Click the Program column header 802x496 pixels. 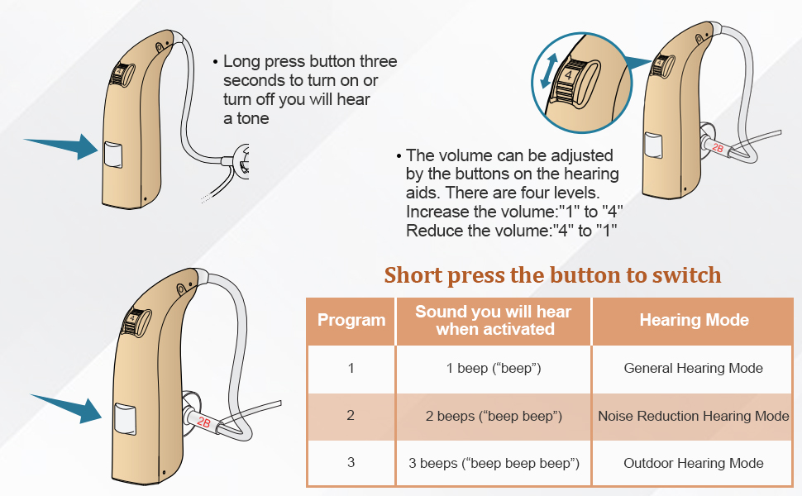(x=351, y=320)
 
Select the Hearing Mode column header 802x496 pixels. (x=694, y=320)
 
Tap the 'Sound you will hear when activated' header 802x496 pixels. (x=493, y=320)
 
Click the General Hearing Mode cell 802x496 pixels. (x=694, y=368)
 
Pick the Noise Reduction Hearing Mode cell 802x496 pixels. (x=694, y=416)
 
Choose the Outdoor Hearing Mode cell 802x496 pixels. (x=694, y=464)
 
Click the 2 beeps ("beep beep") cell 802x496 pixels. (x=494, y=416)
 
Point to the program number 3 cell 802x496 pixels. (x=351, y=464)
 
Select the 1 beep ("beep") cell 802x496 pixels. (x=494, y=368)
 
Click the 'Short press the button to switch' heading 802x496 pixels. (x=552, y=274)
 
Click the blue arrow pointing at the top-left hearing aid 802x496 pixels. (x=62, y=147)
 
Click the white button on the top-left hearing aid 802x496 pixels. (x=112, y=156)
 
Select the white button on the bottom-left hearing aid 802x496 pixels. (x=127, y=419)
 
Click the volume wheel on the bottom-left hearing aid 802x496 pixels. (x=132, y=320)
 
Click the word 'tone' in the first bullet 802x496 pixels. (x=252, y=118)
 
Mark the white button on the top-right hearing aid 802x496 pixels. (x=655, y=146)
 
